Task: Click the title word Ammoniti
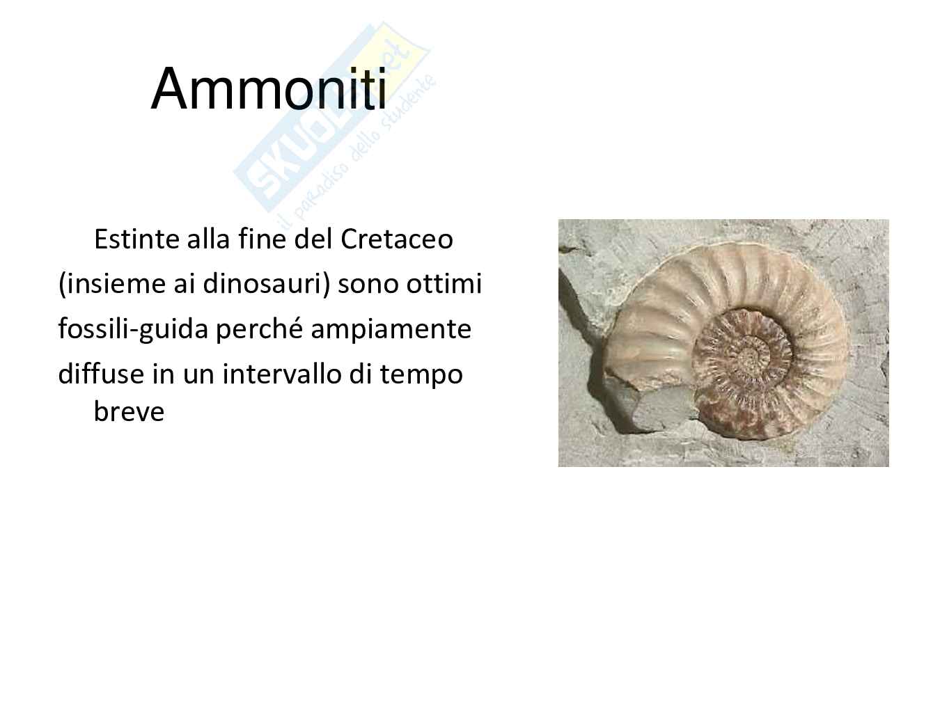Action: click(x=269, y=89)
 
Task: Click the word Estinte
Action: click(x=136, y=239)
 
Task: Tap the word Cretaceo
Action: click(x=397, y=239)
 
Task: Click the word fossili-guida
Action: click(x=133, y=329)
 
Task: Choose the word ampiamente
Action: click(x=391, y=329)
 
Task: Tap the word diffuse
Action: click(x=101, y=374)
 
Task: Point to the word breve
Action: click(x=129, y=411)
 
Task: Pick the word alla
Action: click(x=209, y=239)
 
